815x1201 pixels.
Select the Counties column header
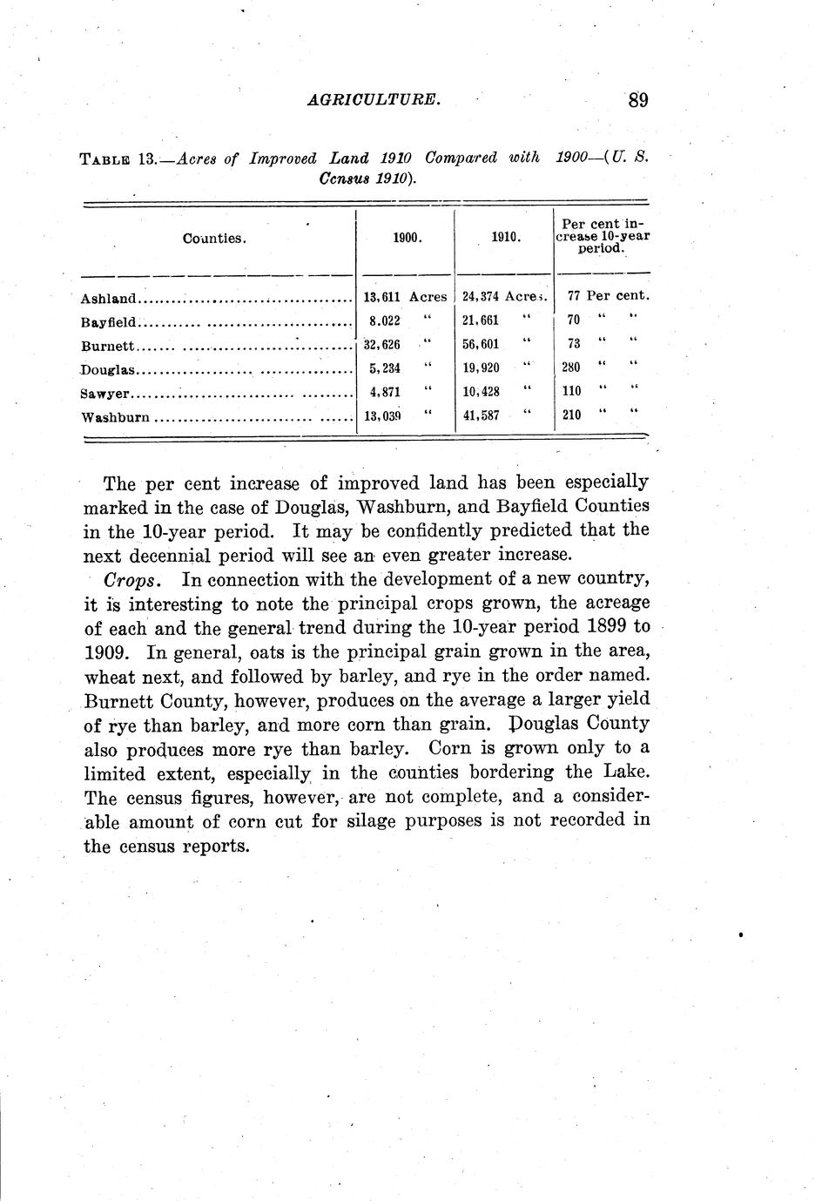(x=214, y=239)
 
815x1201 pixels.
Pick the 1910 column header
(x=506, y=236)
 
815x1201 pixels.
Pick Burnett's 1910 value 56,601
(x=481, y=344)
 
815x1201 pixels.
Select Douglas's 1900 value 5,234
(x=384, y=368)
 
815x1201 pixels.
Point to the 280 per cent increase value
(x=571, y=368)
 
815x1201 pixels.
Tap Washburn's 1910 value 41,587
(x=481, y=415)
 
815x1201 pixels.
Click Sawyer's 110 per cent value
(x=571, y=391)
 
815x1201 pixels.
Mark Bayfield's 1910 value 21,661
(x=481, y=320)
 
